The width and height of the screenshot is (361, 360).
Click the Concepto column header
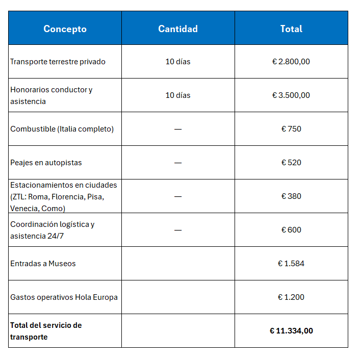65,29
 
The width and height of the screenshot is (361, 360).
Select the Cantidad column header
177,29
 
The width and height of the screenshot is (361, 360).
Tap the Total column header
291,29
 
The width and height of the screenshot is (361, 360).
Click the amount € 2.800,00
291,62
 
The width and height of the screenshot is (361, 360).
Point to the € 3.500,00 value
291,95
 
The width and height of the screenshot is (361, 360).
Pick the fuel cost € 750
291,129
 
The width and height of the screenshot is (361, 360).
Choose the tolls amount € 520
291,163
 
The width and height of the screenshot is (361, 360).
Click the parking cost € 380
291,196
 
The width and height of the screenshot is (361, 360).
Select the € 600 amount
291,230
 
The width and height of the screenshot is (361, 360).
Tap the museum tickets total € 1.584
291,264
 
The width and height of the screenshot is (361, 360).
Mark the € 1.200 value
291,297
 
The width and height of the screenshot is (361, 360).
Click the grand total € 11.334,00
291,331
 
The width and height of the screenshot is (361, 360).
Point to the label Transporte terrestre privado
58,62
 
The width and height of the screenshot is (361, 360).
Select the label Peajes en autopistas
46,163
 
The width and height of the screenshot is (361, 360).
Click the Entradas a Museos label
43,264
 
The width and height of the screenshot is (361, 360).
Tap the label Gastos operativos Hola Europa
64,297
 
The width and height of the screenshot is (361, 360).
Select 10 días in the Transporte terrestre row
177,62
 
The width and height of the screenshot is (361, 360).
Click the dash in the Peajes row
177,163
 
